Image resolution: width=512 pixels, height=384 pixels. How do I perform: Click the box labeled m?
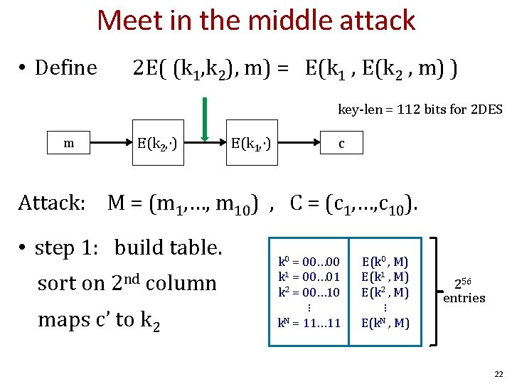click(68, 143)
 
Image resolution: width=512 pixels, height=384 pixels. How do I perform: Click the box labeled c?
click(341, 143)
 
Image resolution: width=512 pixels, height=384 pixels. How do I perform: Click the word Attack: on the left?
click(51, 203)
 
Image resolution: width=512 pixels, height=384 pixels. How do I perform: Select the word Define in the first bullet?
click(65, 68)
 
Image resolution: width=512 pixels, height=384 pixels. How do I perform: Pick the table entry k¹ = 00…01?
click(309, 277)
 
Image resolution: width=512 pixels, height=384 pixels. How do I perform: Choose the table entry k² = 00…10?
click(309, 292)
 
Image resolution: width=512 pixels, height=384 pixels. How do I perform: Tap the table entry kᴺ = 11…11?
click(309, 323)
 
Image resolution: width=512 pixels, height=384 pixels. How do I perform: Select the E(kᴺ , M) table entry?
click(385, 323)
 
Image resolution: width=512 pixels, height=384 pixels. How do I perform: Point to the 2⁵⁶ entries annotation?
click(464, 291)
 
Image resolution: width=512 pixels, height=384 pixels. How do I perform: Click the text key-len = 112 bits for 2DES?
click(420, 110)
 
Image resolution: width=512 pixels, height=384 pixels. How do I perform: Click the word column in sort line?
click(181, 283)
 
